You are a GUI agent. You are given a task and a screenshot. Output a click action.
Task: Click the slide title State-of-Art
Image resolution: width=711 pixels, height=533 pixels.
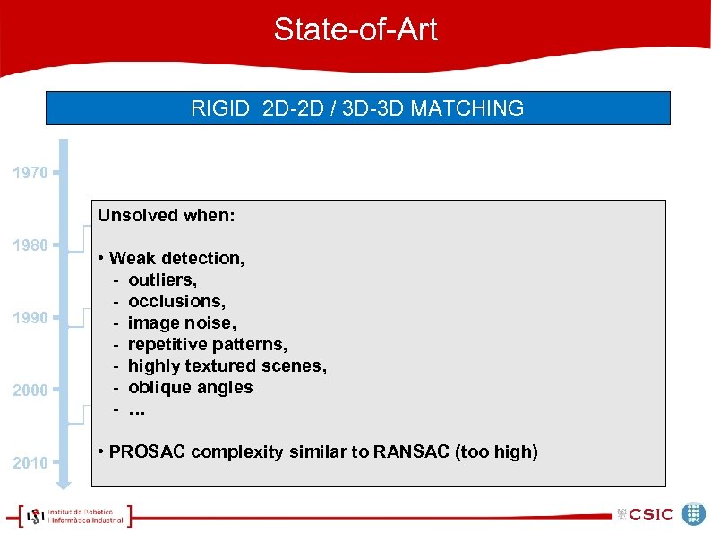click(355, 30)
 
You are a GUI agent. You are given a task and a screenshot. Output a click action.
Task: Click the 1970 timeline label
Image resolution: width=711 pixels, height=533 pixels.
click(30, 172)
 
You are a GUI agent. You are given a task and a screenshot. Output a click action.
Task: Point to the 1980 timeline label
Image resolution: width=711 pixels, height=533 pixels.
click(30, 245)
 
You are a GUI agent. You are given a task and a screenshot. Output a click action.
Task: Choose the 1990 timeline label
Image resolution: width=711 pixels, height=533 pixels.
click(30, 317)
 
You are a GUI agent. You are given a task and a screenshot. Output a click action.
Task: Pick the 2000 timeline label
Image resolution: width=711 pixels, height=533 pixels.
click(30, 390)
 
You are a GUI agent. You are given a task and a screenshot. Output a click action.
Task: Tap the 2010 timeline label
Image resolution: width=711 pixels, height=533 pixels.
click(30, 462)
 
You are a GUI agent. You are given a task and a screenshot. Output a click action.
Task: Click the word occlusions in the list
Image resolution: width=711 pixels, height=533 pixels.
click(176, 301)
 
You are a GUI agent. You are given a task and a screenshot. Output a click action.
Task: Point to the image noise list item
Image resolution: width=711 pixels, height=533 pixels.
click(182, 322)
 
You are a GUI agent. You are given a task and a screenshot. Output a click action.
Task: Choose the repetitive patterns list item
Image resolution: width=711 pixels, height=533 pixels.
click(207, 344)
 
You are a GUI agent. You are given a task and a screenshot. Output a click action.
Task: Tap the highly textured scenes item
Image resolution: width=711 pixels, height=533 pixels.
click(227, 365)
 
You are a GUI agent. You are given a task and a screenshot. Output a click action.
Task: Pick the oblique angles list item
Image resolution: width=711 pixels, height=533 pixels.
click(190, 387)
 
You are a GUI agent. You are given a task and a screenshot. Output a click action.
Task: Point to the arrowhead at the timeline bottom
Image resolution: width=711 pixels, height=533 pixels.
click(64, 485)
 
